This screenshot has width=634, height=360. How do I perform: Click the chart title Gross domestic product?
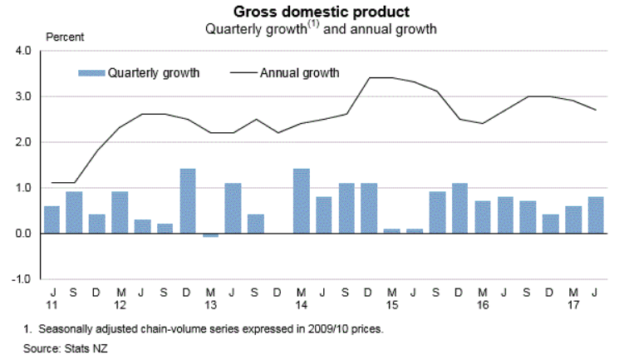click(321, 12)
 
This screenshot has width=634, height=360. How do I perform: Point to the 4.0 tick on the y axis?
click(22, 51)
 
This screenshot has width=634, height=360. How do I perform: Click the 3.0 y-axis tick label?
click(22, 96)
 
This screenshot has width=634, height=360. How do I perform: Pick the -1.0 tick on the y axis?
click(21, 279)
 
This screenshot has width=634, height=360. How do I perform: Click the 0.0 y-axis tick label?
click(22, 234)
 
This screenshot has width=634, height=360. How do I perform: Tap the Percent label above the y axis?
click(64, 37)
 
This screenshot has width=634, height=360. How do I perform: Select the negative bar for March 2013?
click(210, 235)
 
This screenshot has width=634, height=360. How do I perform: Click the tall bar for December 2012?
click(188, 201)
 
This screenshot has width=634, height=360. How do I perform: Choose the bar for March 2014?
click(301, 201)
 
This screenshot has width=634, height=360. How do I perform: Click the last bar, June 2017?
click(595, 215)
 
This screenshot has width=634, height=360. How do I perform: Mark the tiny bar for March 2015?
click(391, 231)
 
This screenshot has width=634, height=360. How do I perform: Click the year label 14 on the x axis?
click(301, 304)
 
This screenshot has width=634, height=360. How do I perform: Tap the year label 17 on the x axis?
click(572, 304)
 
